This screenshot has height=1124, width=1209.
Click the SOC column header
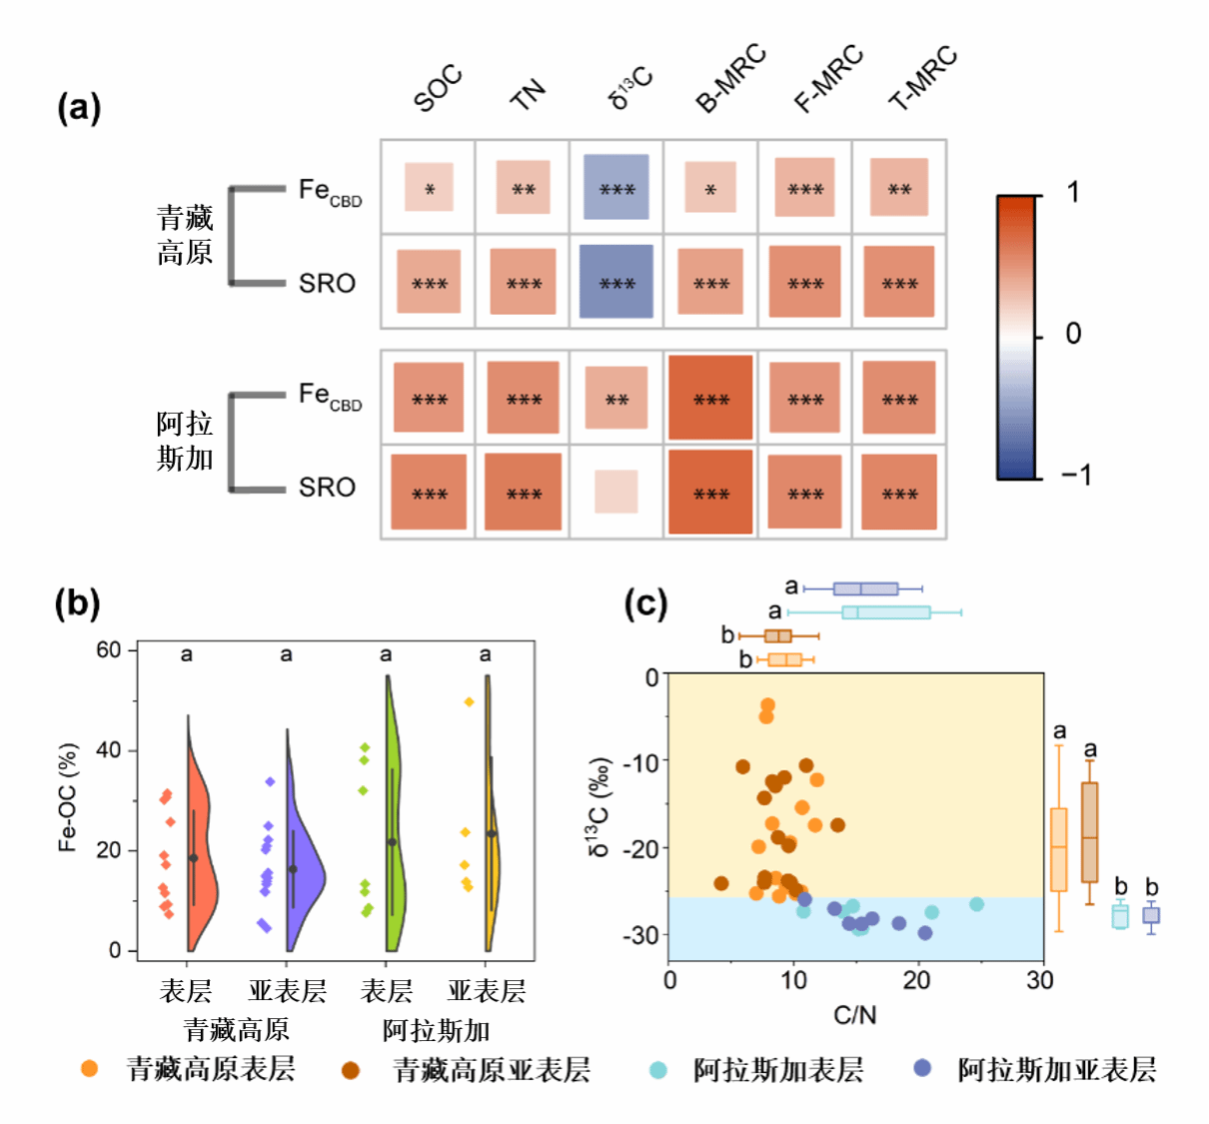point(438,88)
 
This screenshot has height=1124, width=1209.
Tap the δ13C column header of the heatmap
point(630,87)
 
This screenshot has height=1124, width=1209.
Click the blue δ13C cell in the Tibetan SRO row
point(616,282)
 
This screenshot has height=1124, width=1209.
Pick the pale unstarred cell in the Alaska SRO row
point(616,492)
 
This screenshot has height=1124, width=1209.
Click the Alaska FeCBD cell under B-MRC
point(710,398)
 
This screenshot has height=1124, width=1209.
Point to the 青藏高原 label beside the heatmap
point(185,236)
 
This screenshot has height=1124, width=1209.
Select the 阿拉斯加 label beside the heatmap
point(185,441)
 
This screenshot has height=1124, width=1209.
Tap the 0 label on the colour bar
point(1073,334)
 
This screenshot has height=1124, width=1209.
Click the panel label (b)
point(78,603)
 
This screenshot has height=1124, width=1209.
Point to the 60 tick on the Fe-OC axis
point(108,650)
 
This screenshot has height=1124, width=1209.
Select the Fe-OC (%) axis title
point(68,797)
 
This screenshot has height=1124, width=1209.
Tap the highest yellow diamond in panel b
point(469,702)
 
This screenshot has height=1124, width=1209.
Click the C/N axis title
point(854,1015)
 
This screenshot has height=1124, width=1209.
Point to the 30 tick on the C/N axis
point(1040,980)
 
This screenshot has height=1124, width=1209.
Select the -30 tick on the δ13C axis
point(639,935)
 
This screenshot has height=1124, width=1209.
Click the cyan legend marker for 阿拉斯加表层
point(657,1070)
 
